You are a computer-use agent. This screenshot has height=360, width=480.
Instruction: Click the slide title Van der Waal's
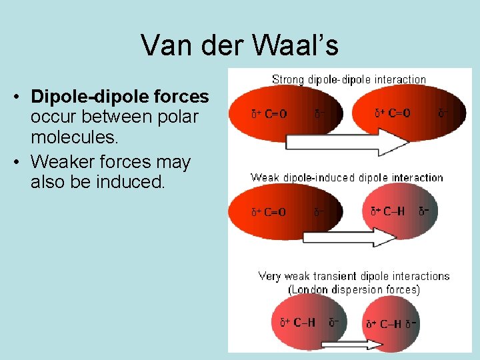[239, 45]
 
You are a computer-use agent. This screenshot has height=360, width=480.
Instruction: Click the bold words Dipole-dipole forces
[120, 97]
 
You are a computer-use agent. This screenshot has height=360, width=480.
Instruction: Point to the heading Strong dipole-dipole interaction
[349, 79]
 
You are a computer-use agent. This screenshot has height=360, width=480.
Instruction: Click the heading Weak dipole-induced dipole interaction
[347, 177]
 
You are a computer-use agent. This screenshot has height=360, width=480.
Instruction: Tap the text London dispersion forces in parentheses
[354, 289]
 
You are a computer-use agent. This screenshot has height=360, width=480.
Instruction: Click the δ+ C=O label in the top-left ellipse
[269, 114]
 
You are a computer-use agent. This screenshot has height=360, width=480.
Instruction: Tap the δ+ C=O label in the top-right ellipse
[392, 113]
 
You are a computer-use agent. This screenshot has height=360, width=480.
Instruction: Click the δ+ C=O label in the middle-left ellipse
[269, 213]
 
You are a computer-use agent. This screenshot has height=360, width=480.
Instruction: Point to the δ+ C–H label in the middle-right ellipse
[387, 211]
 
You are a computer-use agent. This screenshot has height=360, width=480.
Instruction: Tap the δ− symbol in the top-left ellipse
[320, 114]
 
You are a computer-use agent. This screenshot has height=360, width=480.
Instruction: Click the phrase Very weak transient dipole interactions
[354, 276]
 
